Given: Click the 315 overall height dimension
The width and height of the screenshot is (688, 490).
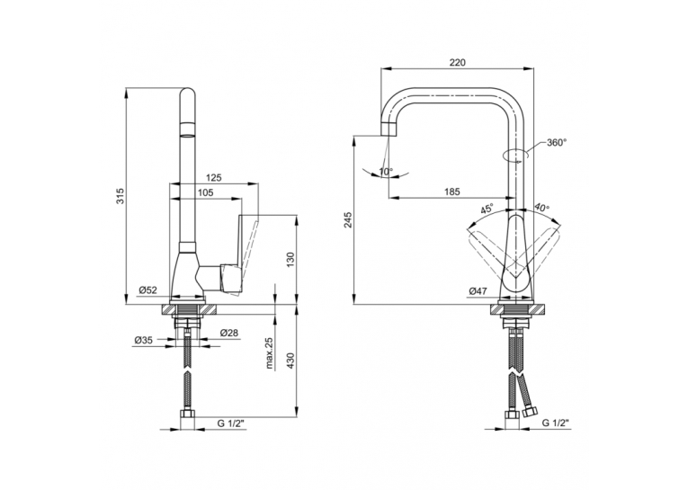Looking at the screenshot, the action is point(121,196).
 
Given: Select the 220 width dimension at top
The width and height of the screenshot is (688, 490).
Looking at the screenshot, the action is point(457,62).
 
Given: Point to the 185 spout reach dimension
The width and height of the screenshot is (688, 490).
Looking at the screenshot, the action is point(452,192).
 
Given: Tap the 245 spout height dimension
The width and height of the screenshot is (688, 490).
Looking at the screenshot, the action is point(348,219).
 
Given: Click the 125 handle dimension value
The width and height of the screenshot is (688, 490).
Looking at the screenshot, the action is point(214,178).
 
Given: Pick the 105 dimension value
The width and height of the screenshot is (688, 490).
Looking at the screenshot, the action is point(205,192).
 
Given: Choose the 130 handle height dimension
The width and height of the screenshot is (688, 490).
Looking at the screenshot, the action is point(290,260).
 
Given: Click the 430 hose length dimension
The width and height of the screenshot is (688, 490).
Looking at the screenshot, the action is point(290,361).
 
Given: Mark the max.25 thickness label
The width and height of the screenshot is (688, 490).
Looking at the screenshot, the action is point(270,353).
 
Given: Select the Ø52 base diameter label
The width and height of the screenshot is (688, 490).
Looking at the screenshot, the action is point(147,290).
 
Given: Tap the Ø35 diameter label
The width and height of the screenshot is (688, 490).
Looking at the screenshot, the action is point(144,340).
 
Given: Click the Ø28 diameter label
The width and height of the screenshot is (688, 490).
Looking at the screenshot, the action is point(228,333).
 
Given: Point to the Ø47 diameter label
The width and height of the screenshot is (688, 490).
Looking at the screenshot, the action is point(478,290).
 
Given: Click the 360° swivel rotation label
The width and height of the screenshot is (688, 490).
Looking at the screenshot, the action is point(557,143).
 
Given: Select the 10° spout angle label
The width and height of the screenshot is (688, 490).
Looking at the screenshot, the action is point(386,172).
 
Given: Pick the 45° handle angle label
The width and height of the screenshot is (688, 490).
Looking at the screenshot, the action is point(487,208).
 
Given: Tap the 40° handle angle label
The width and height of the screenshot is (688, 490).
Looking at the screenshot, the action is point(542,208).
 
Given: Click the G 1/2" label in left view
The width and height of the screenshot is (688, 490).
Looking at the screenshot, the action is point(231,423).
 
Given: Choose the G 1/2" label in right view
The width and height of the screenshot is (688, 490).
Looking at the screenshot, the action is point(556,423).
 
